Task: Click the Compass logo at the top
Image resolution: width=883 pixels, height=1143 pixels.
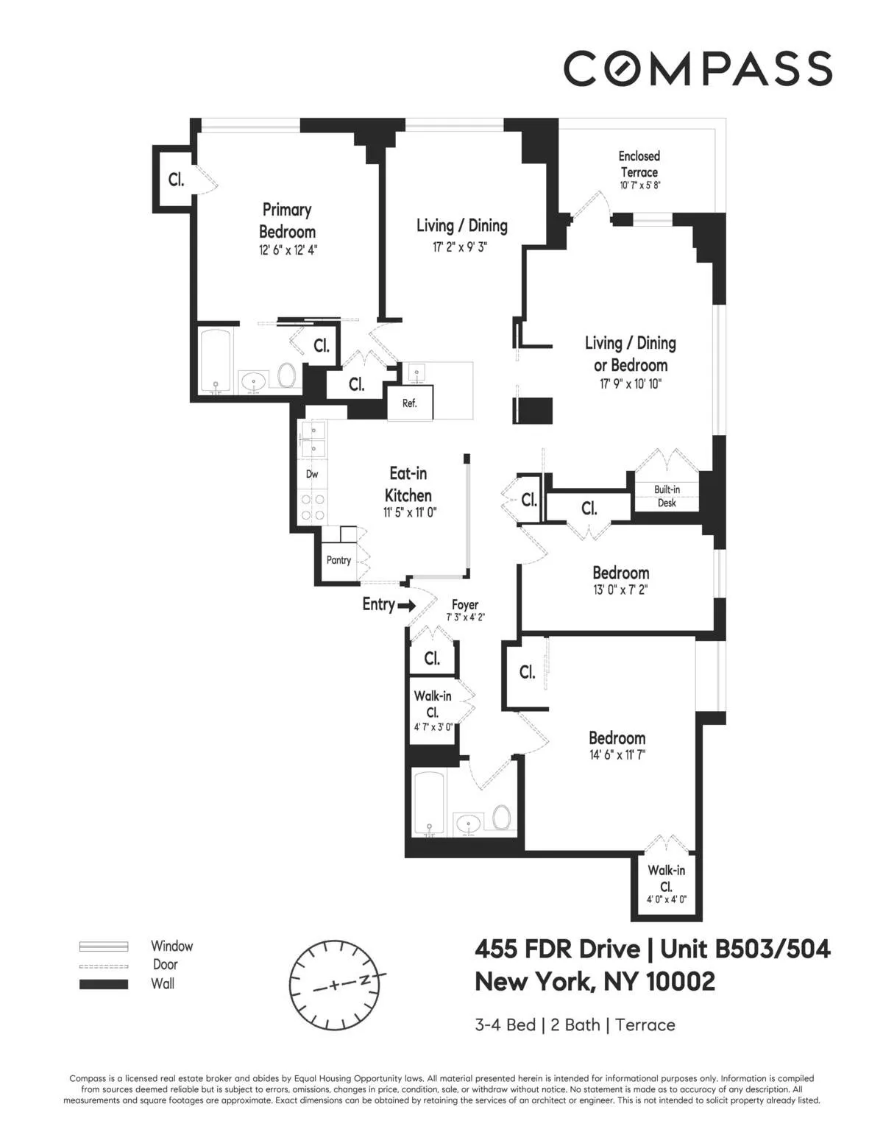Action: pyautogui.click(x=698, y=68)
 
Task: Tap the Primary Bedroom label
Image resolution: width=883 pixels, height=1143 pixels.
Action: pyautogui.click(x=288, y=221)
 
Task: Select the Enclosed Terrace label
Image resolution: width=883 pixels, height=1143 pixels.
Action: pyautogui.click(x=639, y=164)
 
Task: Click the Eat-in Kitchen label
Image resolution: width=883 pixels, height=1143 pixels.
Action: pyautogui.click(x=408, y=484)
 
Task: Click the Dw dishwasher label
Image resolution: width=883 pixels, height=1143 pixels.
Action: pyautogui.click(x=312, y=474)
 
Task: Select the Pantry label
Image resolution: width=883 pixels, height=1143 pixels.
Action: pyautogui.click(x=338, y=560)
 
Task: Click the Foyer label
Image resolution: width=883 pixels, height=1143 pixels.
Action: pyautogui.click(x=465, y=604)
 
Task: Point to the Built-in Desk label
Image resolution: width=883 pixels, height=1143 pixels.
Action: pyautogui.click(x=667, y=496)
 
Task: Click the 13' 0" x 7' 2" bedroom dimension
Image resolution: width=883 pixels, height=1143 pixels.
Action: pyautogui.click(x=620, y=590)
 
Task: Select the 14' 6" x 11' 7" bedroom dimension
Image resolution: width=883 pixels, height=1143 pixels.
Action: pyautogui.click(x=617, y=754)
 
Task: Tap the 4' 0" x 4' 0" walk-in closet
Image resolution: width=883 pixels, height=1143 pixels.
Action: pyautogui.click(x=666, y=899)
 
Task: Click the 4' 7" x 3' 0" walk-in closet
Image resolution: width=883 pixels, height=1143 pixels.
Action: pyautogui.click(x=433, y=726)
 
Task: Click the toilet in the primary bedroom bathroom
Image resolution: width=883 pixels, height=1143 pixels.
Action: pyautogui.click(x=286, y=376)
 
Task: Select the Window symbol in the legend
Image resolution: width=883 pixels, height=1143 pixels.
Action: pyautogui.click(x=104, y=946)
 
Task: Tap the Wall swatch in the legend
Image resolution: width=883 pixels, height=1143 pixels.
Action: pyautogui.click(x=104, y=984)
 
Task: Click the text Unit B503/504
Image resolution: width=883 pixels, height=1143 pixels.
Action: pyautogui.click(x=745, y=949)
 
